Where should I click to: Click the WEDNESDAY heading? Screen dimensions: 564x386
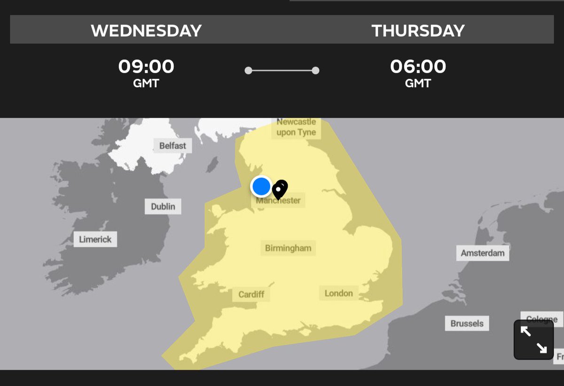tap(146, 31)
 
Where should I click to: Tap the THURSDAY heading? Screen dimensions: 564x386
tap(418, 31)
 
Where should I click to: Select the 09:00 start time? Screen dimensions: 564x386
tap(146, 66)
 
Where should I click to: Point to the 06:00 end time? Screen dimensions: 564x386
tap(418, 66)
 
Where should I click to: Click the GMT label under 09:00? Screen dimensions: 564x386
tap(146, 84)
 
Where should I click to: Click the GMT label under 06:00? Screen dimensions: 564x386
tap(418, 84)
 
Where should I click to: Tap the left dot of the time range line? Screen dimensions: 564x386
tap(248, 71)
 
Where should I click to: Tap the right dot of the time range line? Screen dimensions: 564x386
tap(315, 71)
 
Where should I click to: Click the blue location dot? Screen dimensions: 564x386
tap(261, 186)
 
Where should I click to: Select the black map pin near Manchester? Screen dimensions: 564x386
tap(280, 189)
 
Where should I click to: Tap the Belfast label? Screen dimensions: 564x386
tap(172, 146)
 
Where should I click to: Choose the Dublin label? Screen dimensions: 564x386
tap(163, 206)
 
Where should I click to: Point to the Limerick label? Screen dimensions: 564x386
tap(95, 239)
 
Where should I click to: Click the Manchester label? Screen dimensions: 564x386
tap(278, 201)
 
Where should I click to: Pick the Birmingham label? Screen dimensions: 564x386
tap(288, 248)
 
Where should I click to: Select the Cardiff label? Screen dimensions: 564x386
tap(251, 295)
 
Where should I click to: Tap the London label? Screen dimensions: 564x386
tap(338, 293)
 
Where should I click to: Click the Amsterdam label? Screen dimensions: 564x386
tap(483, 253)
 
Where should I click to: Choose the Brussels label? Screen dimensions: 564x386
tap(467, 323)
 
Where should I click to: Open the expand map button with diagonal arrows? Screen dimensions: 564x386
tap(533, 339)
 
